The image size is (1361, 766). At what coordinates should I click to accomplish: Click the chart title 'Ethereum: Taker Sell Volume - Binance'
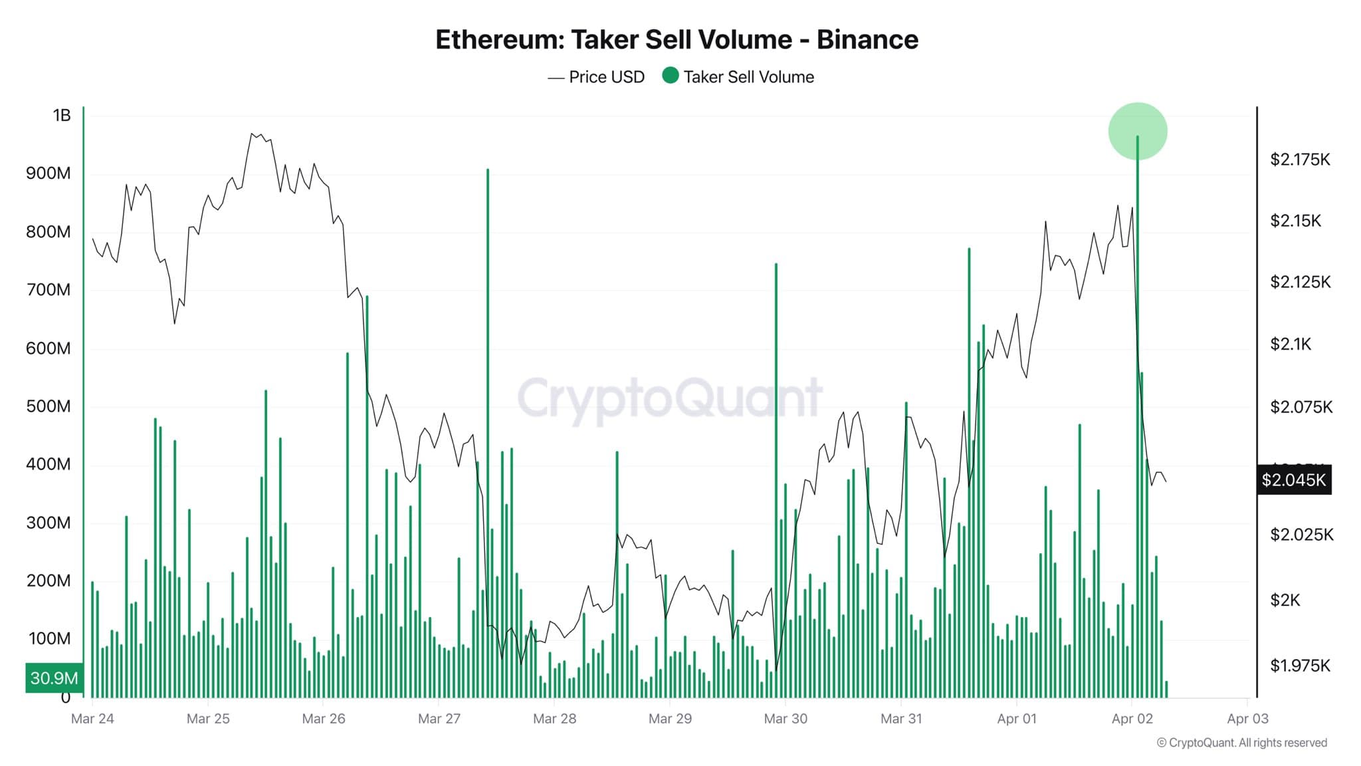tap(677, 40)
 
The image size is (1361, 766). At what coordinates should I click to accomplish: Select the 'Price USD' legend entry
tap(596, 77)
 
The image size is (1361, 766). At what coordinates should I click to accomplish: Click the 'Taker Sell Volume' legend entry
tap(738, 77)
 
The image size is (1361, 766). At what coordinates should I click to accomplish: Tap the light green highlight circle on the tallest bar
tap(1137, 131)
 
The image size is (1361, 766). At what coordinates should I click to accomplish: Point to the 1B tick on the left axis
tap(61, 116)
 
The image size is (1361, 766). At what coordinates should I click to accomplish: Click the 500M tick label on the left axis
tap(48, 406)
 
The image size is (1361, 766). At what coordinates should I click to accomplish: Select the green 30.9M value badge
tap(54, 678)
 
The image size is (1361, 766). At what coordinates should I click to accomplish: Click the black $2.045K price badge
tap(1293, 479)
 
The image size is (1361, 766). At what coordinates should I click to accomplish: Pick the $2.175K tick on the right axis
tap(1300, 160)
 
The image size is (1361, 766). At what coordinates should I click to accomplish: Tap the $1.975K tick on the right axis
tap(1300, 666)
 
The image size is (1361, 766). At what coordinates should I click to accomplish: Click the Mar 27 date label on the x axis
tap(439, 719)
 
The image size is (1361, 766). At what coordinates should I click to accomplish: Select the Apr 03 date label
tap(1247, 719)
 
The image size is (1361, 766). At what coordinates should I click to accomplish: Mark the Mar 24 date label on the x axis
tap(92, 719)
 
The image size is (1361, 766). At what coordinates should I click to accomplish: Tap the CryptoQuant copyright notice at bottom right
tap(1241, 743)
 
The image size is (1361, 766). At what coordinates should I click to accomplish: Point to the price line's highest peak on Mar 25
tap(252, 134)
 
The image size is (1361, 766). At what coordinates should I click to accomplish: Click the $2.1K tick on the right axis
tap(1291, 344)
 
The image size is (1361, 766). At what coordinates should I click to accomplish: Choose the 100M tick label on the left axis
tap(49, 639)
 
